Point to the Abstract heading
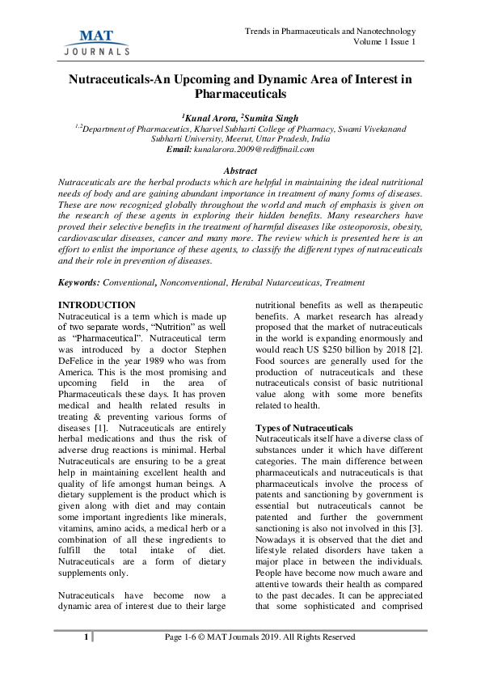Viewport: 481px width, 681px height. click(x=240, y=171)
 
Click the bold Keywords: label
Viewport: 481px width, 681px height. click(x=78, y=282)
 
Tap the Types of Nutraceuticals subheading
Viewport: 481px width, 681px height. click(x=304, y=427)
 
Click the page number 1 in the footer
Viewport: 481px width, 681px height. click(x=85, y=637)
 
